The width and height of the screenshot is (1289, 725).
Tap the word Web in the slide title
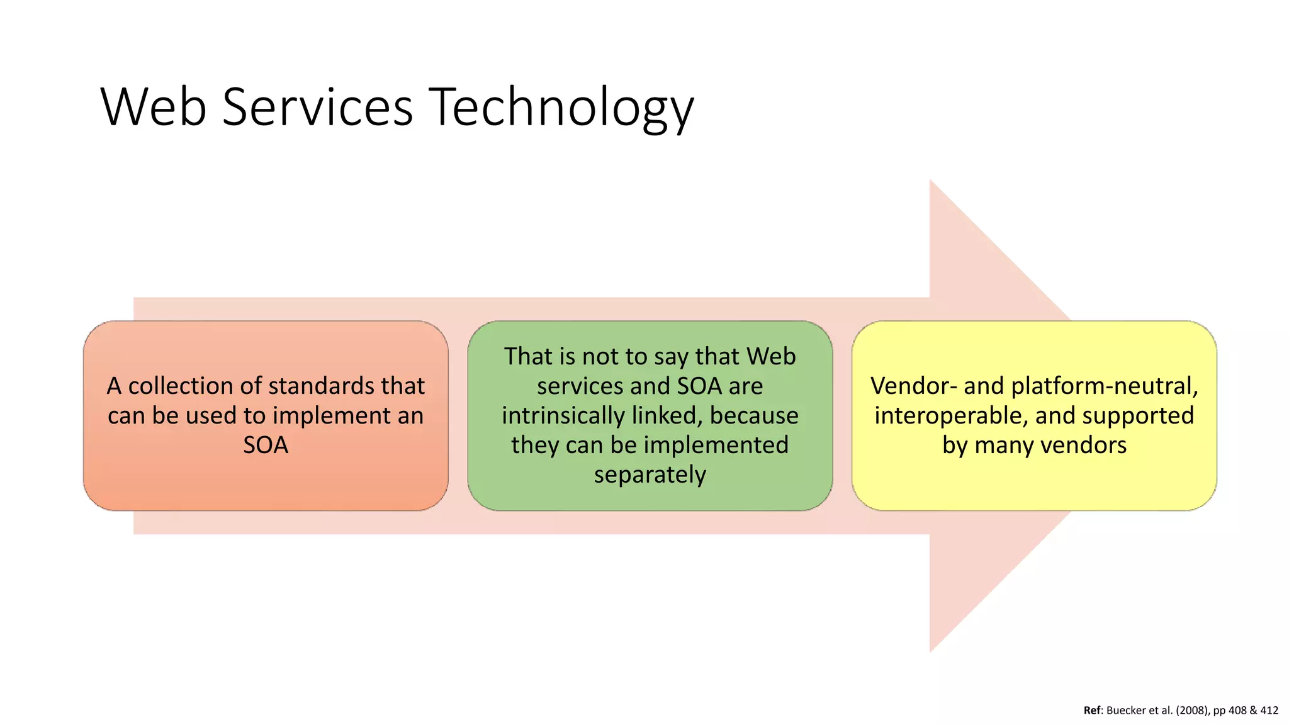(x=154, y=107)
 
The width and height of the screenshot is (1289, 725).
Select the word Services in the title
(x=317, y=107)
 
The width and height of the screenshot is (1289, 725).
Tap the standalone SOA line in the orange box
(x=266, y=445)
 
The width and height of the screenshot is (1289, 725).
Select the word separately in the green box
(x=650, y=475)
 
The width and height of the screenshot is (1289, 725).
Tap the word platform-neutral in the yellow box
(x=1105, y=386)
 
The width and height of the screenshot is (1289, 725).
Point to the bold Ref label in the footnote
(x=1092, y=711)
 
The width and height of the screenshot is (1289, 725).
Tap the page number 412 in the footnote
(x=1269, y=711)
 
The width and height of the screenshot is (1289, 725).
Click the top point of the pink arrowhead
(x=931, y=181)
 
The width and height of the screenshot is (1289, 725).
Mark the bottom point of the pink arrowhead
(x=931, y=651)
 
